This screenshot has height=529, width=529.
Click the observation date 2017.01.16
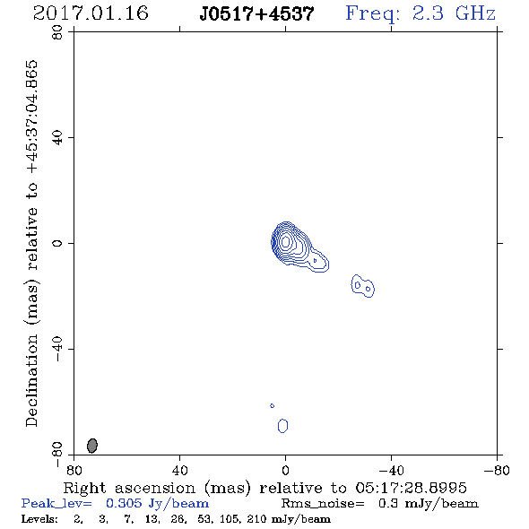pos(91,13)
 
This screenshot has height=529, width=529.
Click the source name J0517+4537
pos(256,14)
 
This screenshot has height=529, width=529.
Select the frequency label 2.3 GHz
pos(454,13)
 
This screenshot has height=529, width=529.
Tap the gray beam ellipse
pos(92,446)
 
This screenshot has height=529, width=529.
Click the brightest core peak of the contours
pos(286,241)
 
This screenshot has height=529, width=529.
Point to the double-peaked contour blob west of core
pos(362,286)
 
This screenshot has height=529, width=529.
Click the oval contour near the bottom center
pos(282,426)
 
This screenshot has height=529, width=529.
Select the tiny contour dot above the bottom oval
pos(273,405)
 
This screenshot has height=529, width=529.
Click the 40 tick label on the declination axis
pos(57,138)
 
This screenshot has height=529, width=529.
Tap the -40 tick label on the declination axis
pos(57,349)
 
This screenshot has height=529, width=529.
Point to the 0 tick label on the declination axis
pos(57,243)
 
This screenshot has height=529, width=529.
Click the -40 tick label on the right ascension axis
pos(391,471)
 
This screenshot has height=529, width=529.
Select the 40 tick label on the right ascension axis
pos(180,471)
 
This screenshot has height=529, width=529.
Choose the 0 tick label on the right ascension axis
pos(285,471)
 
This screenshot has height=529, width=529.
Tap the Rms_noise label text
pos(323,504)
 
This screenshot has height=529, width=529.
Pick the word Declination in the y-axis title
pos(31,380)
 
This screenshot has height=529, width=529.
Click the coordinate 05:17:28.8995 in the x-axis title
pos(411,488)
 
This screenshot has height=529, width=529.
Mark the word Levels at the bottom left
pos(39,518)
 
